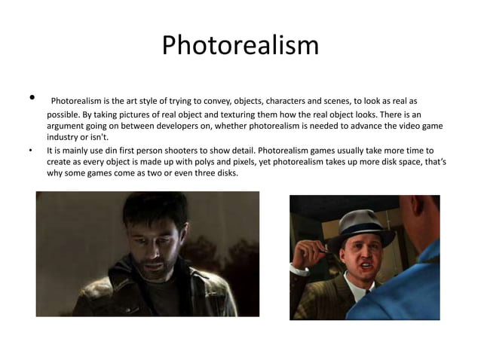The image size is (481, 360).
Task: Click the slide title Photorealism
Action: (240, 45)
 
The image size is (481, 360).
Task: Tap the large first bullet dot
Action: (32, 97)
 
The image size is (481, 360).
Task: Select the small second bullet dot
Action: (31, 150)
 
